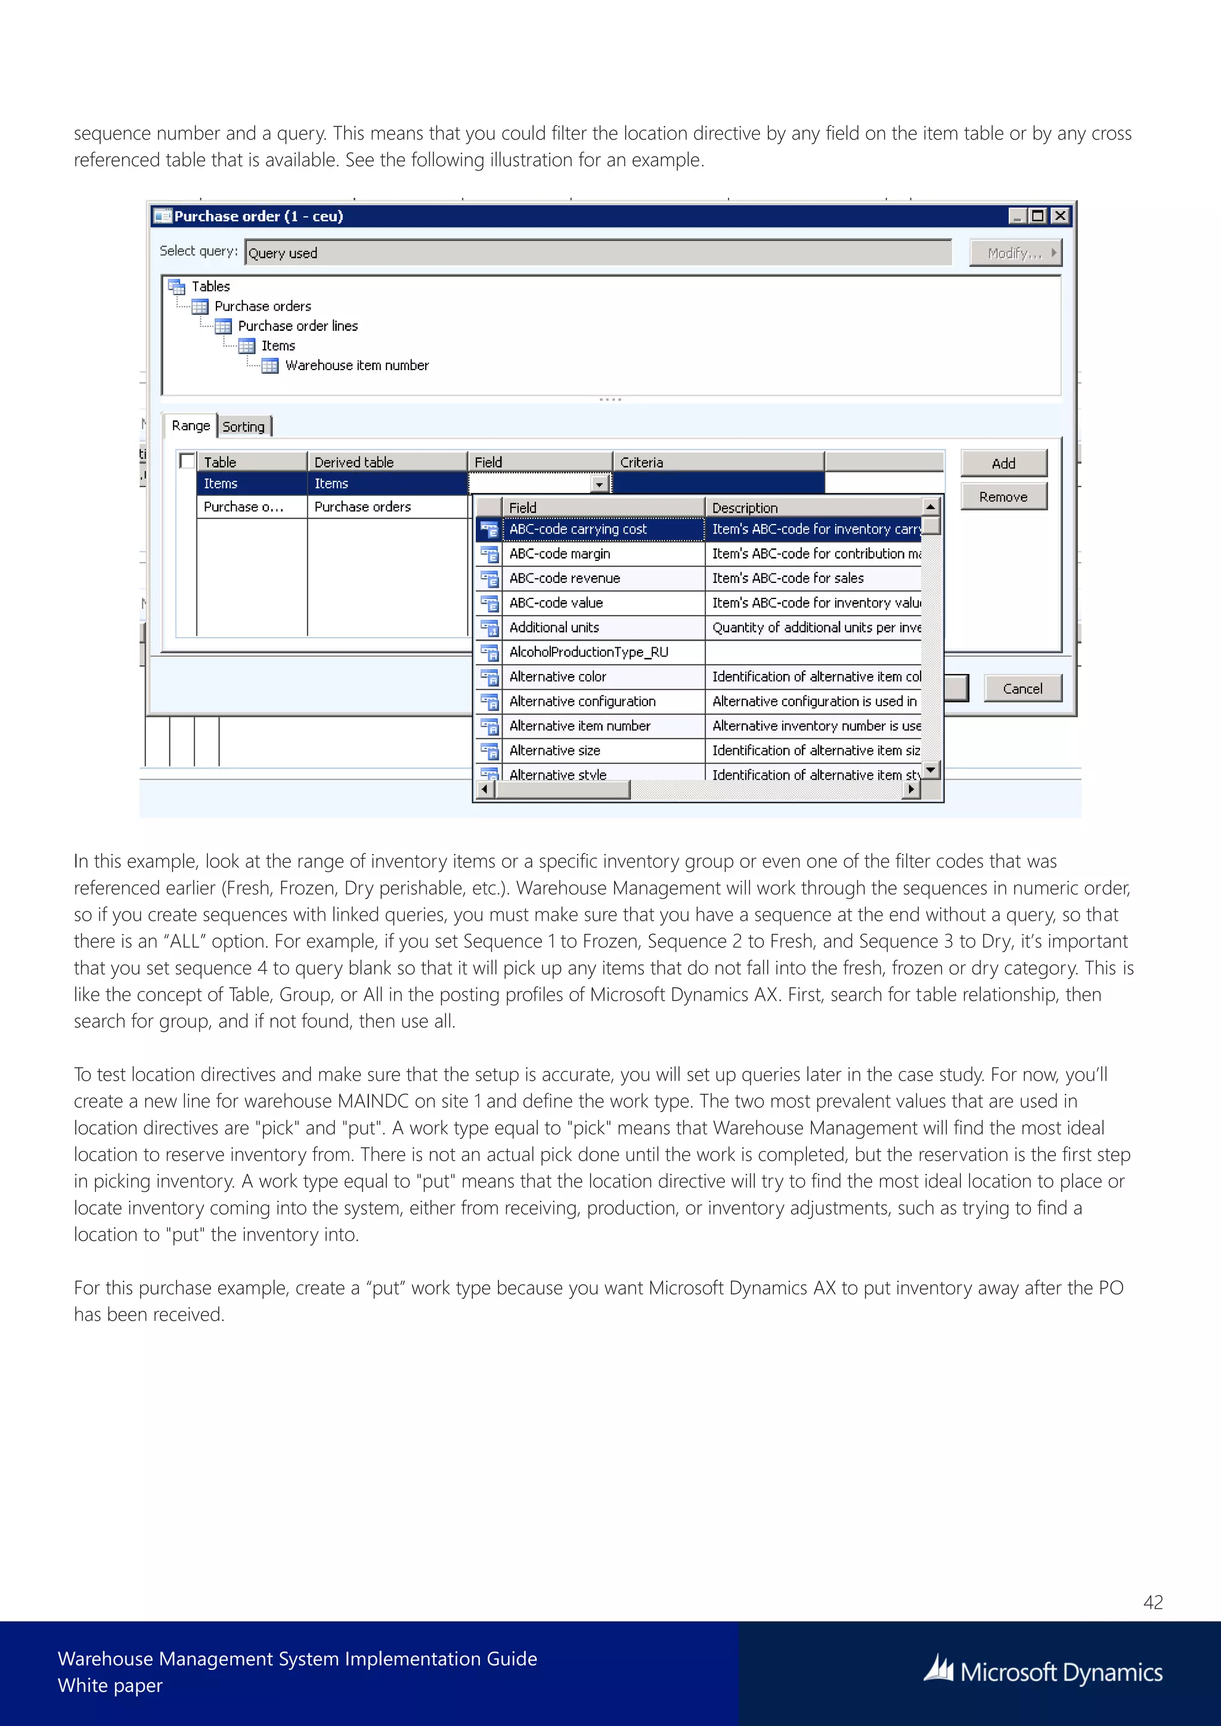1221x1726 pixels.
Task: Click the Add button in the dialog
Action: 1003,463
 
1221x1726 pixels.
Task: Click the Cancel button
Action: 1022,688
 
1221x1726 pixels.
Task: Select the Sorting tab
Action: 244,426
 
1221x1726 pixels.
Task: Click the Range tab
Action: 190,426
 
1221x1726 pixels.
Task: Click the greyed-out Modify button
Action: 1015,253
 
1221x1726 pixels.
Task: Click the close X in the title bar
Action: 1060,216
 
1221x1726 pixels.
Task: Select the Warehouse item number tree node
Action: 357,365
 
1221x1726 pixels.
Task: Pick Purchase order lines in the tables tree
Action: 297,326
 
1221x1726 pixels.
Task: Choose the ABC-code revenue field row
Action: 565,578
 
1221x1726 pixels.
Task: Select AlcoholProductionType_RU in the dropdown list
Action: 588,652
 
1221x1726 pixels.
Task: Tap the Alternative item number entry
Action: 579,725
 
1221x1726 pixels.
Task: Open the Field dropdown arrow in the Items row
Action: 600,484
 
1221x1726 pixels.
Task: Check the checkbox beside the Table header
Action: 188,461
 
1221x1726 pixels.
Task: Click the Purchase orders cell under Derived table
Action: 362,507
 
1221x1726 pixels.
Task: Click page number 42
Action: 1152,1602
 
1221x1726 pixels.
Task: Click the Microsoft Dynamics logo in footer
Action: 1043,1672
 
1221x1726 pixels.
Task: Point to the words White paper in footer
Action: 110,1685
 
